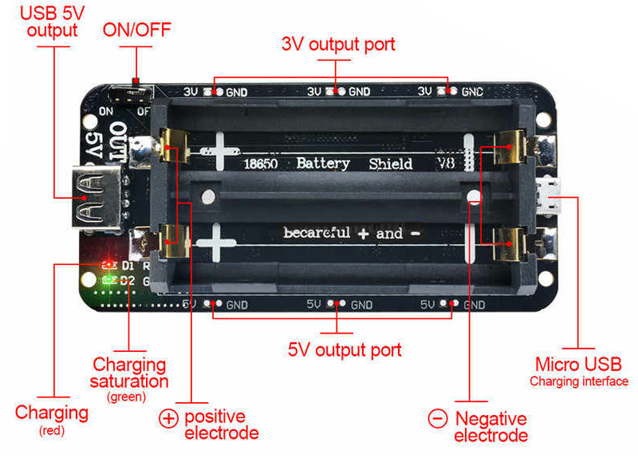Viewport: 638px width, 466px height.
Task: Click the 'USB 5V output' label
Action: click(x=52, y=22)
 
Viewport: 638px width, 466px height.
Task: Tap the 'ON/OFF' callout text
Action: click(x=136, y=30)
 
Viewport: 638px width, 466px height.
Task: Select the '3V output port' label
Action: click(x=338, y=45)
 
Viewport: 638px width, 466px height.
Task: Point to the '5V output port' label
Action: click(x=345, y=349)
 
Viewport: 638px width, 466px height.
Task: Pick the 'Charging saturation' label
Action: click(x=130, y=373)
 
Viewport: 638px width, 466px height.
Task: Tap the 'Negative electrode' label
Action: click(x=490, y=427)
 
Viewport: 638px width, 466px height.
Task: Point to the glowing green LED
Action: click(x=110, y=280)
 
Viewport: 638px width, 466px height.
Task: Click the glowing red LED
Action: click(x=108, y=264)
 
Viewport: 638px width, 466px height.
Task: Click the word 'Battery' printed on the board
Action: click(x=323, y=164)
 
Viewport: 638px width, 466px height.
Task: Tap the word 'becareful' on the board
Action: click(x=317, y=233)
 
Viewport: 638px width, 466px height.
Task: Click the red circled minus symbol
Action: click(x=438, y=418)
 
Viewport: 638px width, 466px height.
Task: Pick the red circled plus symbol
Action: click(x=169, y=418)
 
